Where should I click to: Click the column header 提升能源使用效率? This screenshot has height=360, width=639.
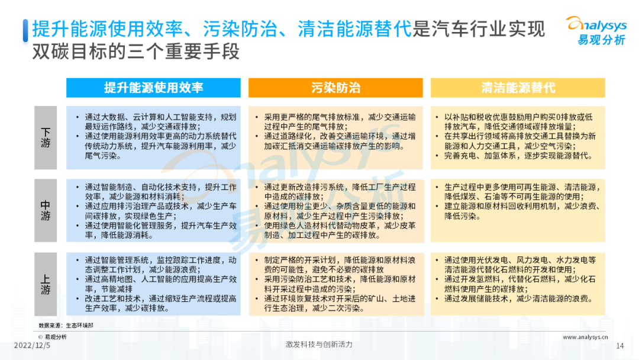pyautogui.click(x=153, y=88)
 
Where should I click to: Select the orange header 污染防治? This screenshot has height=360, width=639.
pyautogui.click(x=335, y=88)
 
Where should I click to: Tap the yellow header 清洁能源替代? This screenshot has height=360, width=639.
pyautogui.click(x=518, y=88)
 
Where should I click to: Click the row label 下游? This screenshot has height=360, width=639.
pyautogui.click(x=45, y=138)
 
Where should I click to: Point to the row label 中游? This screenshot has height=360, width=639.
pyautogui.click(x=45, y=210)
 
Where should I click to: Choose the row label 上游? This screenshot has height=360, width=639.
pyautogui.click(x=45, y=284)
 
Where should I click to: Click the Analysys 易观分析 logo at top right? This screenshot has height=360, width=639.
pyautogui.click(x=596, y=31)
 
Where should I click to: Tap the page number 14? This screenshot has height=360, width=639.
pyautogui.click(x=620, y=346)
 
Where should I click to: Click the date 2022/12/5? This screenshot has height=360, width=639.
pyautogui.click(x=32, y=345)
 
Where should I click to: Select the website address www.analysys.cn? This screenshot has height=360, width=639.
pyautogui.click(x=585, y=337)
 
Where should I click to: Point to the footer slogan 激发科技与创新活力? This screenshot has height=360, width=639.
pyautogui.click(x=319, y=345)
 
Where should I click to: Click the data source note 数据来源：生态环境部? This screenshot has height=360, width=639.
pyautogui.click(x=66, y=325)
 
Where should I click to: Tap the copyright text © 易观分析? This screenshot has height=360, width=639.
pyautogui.click(x=53, y=337)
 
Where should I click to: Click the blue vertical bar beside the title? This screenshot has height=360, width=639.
pyautogui.click(x=25, y=31)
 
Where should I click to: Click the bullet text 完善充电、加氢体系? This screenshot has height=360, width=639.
pyautogui.click(x=480, y=156)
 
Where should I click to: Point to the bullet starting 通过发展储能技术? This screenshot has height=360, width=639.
pyautogui.click(x=518, y=299)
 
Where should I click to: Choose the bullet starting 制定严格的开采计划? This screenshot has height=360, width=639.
pyautogui.click(x=340, y=265)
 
